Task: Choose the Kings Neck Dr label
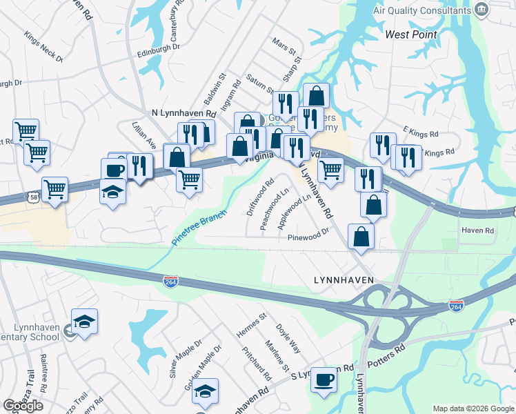pyautogui.click(x=43, y=48)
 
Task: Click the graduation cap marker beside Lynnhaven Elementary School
pyautogui.click(x=84, y=322)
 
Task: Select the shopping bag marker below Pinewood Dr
pyautogui.click(x=361, y=236)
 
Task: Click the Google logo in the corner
pyautogui.click(x=23, y=406)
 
